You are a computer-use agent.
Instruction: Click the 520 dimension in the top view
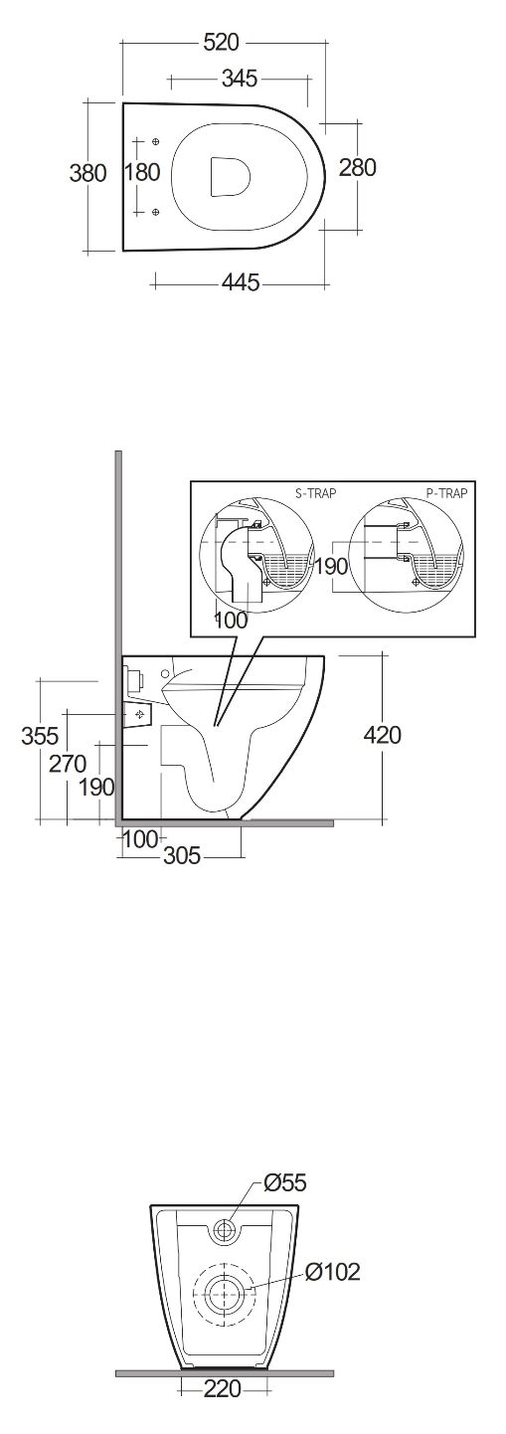221,43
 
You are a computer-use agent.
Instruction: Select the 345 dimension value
240,79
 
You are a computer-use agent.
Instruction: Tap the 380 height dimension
87,173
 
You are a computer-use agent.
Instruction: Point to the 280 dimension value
357,168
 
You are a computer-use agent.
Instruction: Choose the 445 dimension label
242,282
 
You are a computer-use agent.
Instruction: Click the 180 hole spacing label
142,172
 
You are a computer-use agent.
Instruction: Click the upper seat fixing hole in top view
155,141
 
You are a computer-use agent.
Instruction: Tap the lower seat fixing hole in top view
155,212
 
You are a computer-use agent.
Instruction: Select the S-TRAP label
315,493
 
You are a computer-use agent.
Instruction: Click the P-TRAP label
446,493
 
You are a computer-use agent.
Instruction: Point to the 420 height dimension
382,735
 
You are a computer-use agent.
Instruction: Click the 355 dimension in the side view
40,736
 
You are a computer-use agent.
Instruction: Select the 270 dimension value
68,763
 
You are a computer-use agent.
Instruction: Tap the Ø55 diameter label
285,1182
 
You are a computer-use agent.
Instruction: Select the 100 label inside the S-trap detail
231,620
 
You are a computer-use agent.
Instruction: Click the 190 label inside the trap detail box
331,566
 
